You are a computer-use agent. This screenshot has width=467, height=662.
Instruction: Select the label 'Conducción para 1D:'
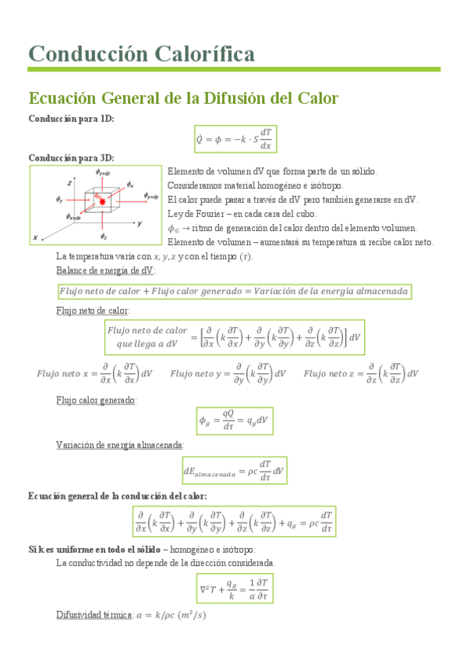(x=71, y=118)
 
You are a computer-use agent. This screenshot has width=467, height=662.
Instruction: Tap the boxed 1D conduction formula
(x=235, y=138)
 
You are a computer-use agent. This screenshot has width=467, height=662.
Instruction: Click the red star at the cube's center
(x=101, y=202)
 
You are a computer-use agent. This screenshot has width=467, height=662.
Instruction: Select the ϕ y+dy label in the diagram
(x=150, y=196)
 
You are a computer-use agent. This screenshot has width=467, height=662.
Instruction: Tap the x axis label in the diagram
(x=35, y=236)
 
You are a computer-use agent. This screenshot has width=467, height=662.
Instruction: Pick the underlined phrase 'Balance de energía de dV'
(x=105, y=270)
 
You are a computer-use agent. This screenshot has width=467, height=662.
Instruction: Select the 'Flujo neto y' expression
(x=228, y=373)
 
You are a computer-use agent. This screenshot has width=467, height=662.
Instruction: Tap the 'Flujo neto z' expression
(x=361, y=373)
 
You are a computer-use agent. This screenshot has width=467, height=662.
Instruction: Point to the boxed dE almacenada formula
(x=233, y=470)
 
